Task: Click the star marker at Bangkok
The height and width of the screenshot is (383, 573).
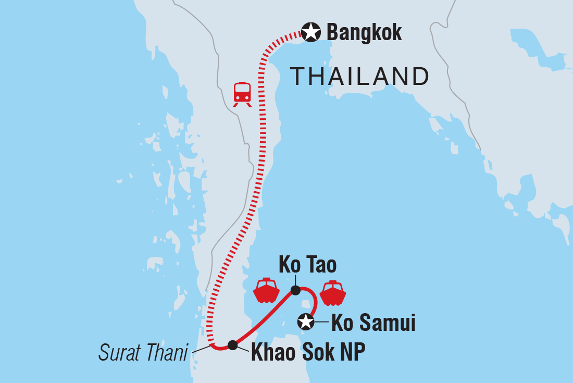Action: [x=311, y=33]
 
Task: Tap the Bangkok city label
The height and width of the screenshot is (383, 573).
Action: [x=364, y=33]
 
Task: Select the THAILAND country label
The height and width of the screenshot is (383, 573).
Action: [x=359, y=77]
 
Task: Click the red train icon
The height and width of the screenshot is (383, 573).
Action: [x=242, y=94]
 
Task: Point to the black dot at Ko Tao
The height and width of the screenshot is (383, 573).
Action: [x=295, y=290]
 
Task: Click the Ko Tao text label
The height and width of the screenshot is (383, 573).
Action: [x=307, y=265]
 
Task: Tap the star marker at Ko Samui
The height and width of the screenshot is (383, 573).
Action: [x=306, y=322]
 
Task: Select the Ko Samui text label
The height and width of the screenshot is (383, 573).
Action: [x=373, y=323]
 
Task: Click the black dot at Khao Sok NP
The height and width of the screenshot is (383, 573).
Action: [x=233, y=344]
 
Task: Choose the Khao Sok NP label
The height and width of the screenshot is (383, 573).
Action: [x=308, y=353]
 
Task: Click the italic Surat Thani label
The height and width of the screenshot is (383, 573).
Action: [x=143, y=354]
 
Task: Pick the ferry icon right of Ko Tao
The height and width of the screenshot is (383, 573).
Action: [x=333, y=293]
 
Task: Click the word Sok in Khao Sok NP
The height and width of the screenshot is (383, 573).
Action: [x=316, y=353]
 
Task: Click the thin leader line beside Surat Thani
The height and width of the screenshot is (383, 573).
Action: [x=201, y=349]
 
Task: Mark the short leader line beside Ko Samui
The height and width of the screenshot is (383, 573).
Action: [x=322, y=322]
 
